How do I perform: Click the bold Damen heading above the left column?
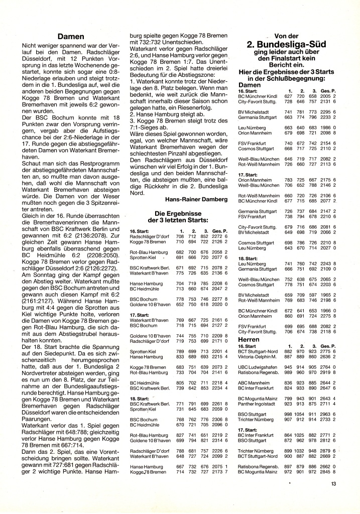click(x=70, y=37)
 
